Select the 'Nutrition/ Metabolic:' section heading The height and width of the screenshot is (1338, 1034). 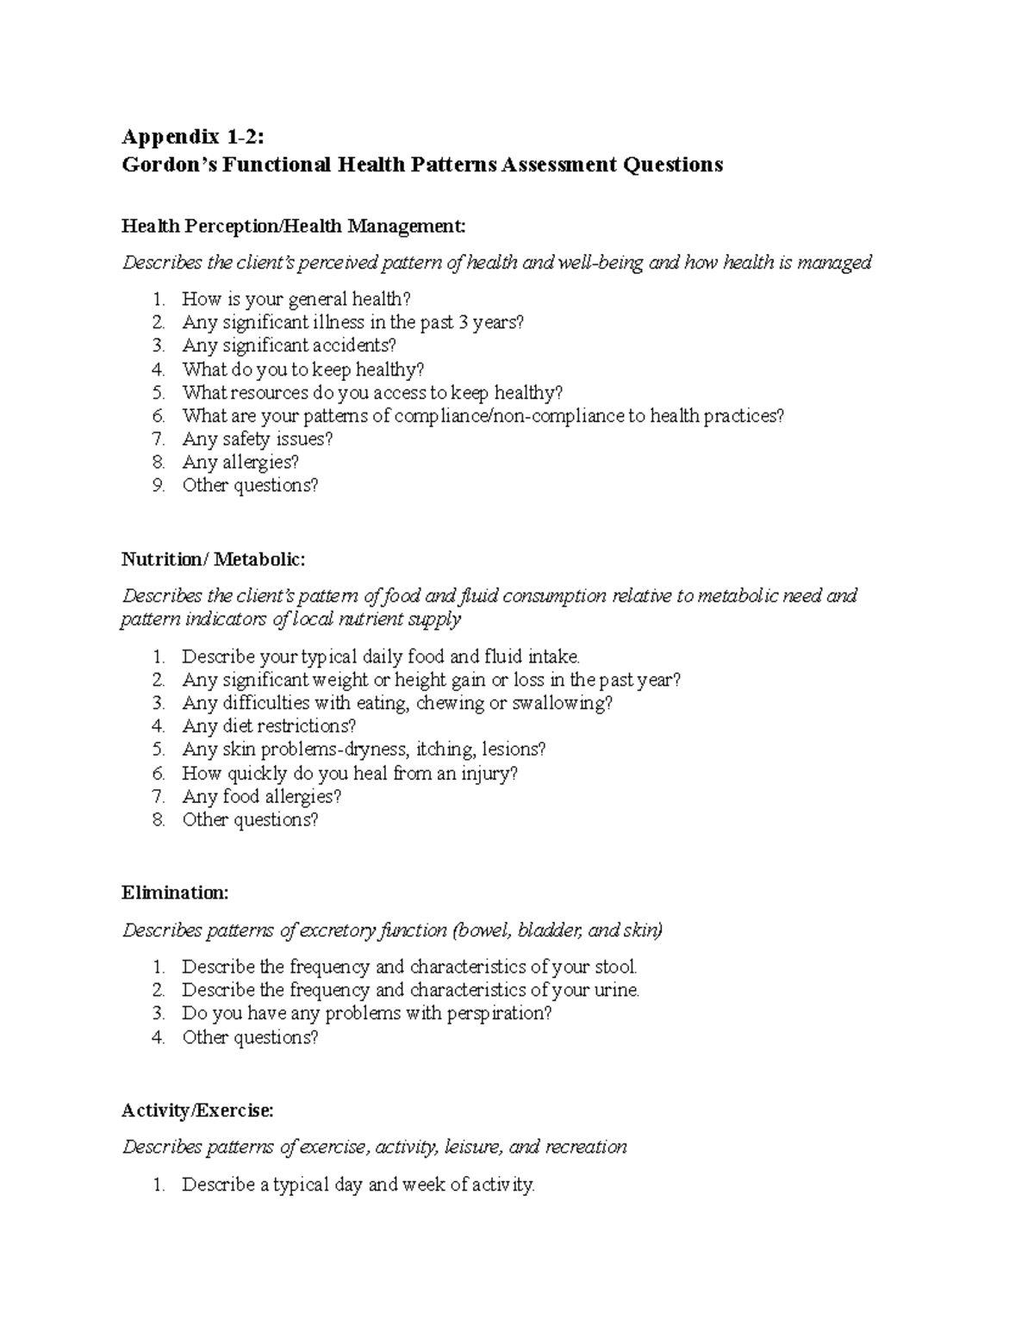point(213,559)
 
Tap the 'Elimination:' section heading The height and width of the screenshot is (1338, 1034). point(175,893)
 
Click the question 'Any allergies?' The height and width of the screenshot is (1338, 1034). point(240,462)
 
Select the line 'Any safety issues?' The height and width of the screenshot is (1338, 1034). point(257,439)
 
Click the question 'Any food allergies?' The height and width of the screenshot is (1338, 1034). point(262,796)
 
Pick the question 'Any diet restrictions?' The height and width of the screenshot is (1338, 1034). point(269,726)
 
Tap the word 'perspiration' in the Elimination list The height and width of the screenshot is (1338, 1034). point(495,1013)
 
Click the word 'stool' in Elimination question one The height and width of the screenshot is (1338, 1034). point(614,967)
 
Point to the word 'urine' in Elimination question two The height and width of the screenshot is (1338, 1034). point(615,990)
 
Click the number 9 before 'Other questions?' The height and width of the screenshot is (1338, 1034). point(158,485)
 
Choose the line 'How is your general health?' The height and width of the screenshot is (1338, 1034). point(296,299)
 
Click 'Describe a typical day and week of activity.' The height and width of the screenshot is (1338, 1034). point(358,1185)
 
